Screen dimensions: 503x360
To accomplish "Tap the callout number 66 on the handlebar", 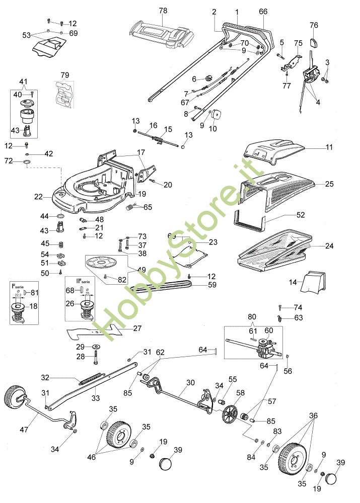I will [x=263, y=11].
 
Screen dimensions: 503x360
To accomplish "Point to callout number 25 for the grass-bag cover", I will [x=329, y=184].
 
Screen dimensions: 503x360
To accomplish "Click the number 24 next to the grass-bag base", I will [x=329, y=246].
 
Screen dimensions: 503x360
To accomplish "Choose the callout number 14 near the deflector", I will [x=293, y=283].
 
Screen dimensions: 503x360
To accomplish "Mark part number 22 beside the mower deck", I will [x=38, y=197].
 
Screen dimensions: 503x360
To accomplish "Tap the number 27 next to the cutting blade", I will [x=136, y=328].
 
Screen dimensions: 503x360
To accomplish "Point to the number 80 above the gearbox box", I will [x=252, y=317].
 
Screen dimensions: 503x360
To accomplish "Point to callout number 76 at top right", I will [x=314, y=25].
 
